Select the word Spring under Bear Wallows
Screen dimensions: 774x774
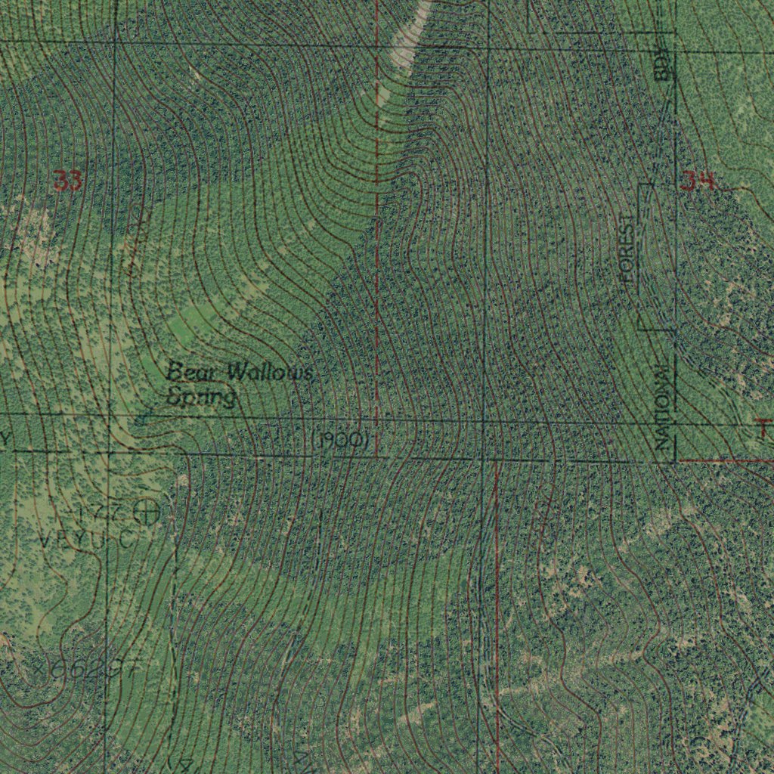coord(202,395)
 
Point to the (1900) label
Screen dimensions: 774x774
coord(340,441)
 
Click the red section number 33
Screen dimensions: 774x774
coord(67,181)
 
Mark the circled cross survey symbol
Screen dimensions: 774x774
coord(146,512)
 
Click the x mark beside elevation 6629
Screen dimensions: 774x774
coord(39,669)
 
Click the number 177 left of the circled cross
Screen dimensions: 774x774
coord(103,512)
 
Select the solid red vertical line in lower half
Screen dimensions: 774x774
coord(497,605)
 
